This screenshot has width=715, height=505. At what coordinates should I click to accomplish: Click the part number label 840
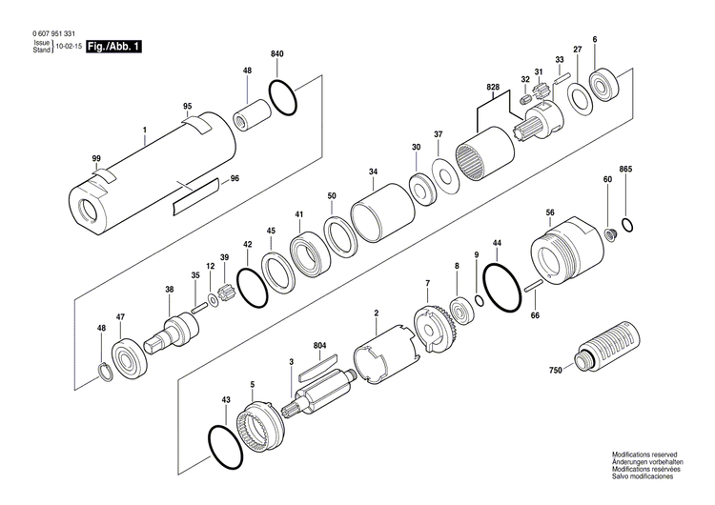click(277, 53)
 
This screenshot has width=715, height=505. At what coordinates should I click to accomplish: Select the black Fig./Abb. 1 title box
click(112, 46)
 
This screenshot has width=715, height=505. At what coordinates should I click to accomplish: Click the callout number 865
click(625, 169)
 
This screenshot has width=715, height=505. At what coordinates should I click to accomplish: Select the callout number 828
click(492, 88)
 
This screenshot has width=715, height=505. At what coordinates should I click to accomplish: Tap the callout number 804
click(319, 345)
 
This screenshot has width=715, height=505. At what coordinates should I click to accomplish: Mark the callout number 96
click(235, 178)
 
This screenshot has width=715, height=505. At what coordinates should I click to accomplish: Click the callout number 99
click(96, 157)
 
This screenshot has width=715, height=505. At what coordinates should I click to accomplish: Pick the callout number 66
click(535, 315)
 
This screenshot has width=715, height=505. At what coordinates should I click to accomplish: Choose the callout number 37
click(438, 134)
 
